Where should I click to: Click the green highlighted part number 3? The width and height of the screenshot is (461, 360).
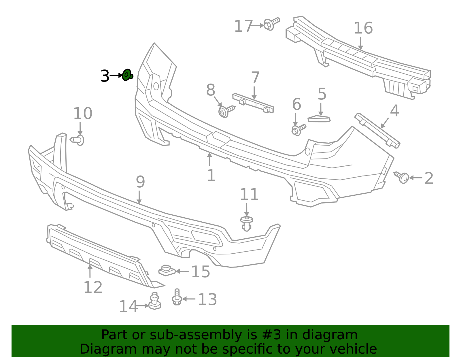(127, 75)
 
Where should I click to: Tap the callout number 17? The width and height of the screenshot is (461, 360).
(243, 26)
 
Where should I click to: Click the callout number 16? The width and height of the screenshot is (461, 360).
(363, 28)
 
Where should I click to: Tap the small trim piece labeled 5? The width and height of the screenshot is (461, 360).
(319, 119)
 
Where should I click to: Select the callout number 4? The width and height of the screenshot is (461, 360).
(394, 111)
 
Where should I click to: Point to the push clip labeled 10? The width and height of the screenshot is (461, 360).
(78, 140)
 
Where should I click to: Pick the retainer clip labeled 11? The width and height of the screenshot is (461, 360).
(247, 223)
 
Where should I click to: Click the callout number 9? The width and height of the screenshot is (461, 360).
(140, 182)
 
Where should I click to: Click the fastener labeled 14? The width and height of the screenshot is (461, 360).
(155, 302)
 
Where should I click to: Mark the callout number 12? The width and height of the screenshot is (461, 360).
(93, 287)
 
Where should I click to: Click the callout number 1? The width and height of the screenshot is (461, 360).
(211, 176)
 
